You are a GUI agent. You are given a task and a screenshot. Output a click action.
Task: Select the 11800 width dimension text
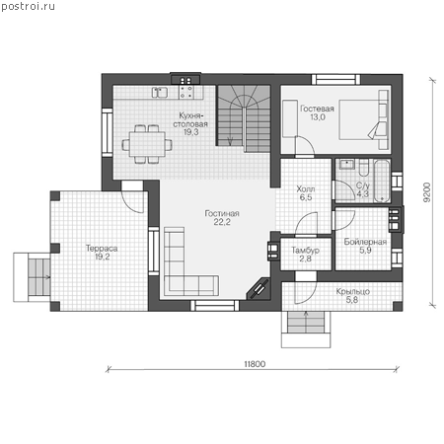click(255, 364)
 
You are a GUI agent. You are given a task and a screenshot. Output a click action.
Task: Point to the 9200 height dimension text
click(427, 192)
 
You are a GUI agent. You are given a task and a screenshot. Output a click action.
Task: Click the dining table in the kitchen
click(147, 144)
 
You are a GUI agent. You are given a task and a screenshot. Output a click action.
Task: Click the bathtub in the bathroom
click(382, 181)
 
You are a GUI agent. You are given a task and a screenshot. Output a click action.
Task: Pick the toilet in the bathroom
click(364, 168)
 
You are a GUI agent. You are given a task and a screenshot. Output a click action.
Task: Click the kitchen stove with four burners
click(186, 93)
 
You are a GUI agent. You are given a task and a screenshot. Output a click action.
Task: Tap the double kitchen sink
click(160, 93)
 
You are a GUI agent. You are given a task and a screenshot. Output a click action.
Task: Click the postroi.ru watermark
click(28, 7)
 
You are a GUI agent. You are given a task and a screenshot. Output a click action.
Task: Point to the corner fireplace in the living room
click(259, 289)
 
